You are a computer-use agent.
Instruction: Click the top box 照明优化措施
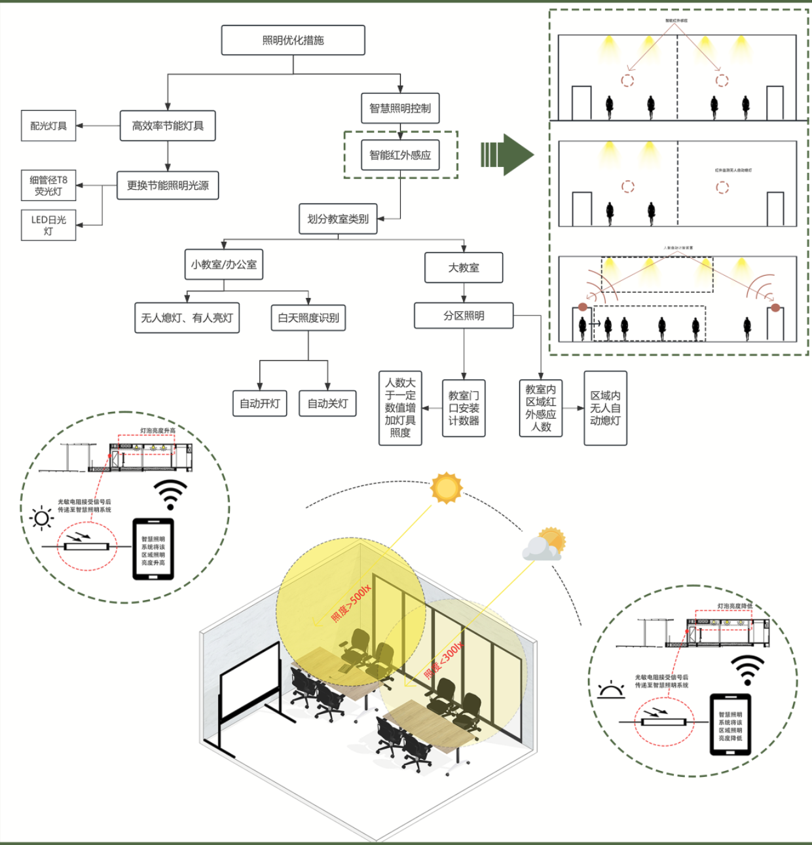pos(293,40)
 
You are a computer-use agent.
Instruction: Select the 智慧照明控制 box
pos(400,108)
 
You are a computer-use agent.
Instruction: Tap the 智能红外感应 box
pos(400,155)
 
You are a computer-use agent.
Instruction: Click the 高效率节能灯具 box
pos(168,126)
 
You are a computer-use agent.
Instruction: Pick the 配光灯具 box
pos(48,126)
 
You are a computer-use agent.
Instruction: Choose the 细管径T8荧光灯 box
pos(48,185)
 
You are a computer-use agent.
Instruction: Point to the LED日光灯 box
pos(48,225)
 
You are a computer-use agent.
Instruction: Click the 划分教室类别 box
pos(338,219)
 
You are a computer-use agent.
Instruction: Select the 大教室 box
pos(464,268)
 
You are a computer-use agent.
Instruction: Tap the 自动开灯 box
pos(260,404)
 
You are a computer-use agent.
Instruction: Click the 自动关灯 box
pos(328,404)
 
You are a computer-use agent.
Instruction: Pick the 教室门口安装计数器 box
pos(464,408)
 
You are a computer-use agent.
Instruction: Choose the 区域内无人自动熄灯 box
pos(605,408)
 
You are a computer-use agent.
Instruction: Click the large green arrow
pos(507,155)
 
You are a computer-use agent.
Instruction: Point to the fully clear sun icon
pos(447,488)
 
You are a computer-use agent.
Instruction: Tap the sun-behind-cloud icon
pos(544,544)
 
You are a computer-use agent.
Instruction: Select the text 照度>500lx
pos(350,603)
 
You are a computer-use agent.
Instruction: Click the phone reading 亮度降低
pos(730,724)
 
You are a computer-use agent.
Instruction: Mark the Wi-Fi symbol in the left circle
pos(170,495)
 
